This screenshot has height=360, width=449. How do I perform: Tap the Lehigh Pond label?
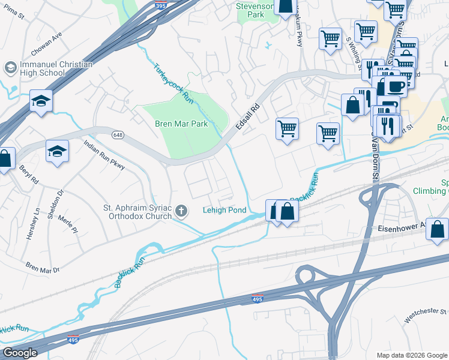[225, 211]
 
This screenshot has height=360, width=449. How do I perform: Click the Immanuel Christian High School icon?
[10, 67]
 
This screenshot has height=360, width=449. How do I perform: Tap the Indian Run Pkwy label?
[104, 155]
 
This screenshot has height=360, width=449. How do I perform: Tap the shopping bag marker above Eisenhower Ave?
[437, 229]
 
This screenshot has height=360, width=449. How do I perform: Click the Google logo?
[20, 353]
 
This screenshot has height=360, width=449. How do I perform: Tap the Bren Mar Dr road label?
[43, 266]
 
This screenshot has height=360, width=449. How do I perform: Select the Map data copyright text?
[411, 354]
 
